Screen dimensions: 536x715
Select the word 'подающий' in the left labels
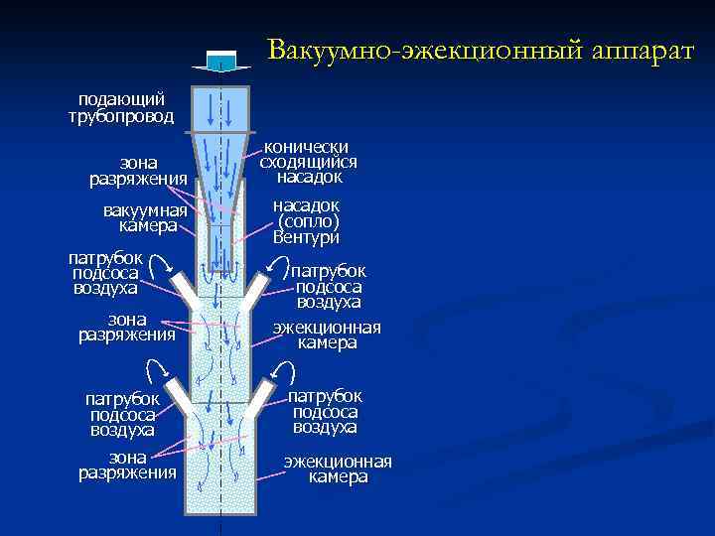coord(121,99)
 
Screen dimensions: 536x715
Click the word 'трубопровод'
coord(121,116)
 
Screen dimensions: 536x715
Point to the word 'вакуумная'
coord(145,210)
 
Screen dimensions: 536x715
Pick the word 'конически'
coord(308,147)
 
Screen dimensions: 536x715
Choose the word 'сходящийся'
coord(308,162)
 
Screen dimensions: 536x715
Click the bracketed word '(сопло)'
coord(307,221)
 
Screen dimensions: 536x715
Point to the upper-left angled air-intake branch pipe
coord(184,291)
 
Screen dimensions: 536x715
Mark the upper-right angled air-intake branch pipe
coord(256,290)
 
